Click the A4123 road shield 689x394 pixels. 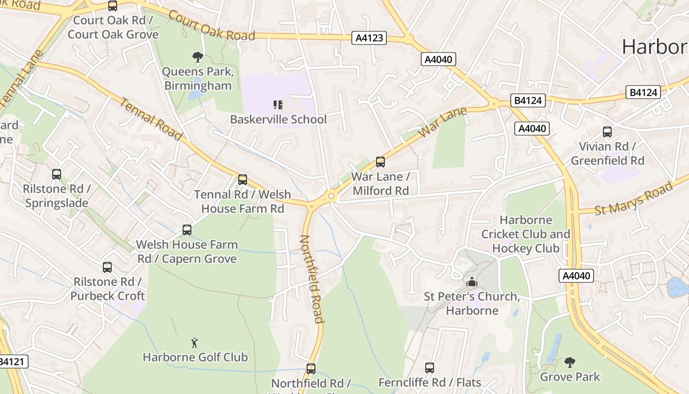369,38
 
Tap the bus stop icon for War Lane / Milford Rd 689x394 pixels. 380,162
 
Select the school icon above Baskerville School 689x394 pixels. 278,104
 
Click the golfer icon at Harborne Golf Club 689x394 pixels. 195,342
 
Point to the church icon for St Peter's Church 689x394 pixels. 472,282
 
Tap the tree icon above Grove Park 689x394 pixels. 570,362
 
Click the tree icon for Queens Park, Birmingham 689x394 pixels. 198,57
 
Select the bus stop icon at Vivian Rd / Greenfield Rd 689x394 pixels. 607,132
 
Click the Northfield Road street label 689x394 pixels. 312,279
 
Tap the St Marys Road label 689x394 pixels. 633,199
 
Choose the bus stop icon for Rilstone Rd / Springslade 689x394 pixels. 57,174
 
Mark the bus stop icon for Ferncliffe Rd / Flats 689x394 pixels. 430,367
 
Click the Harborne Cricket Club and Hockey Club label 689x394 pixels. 526,234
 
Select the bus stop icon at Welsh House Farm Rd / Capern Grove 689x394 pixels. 187,230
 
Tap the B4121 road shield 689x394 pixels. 11,361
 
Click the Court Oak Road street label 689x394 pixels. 212,25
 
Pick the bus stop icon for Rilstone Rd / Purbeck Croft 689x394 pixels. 107,267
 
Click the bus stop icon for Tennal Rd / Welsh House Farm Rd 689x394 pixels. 243,180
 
